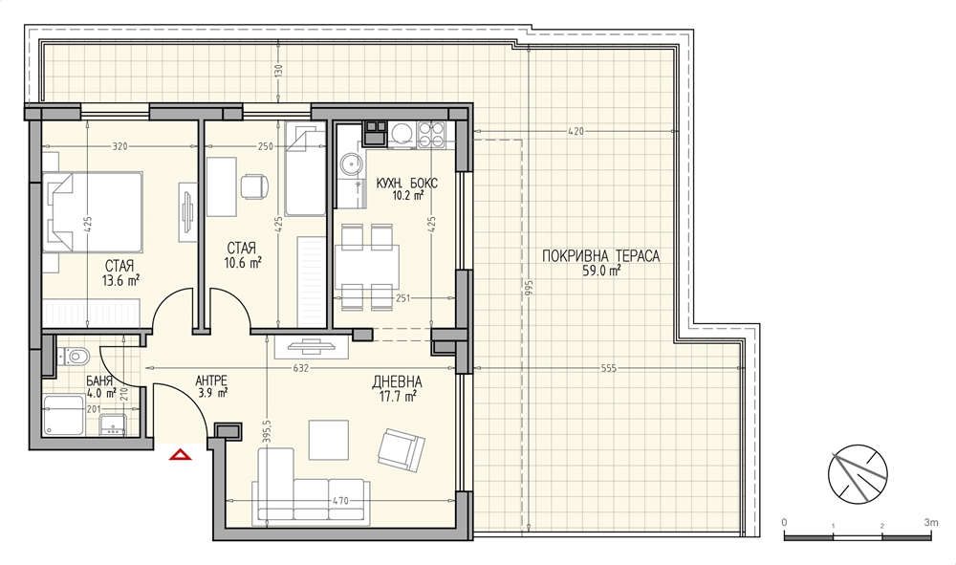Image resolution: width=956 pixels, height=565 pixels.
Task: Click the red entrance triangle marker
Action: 181,454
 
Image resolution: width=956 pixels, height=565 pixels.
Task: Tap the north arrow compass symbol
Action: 858,474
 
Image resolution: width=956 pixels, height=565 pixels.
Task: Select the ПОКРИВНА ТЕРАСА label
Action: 600,256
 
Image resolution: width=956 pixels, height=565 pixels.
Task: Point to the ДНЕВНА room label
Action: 397,382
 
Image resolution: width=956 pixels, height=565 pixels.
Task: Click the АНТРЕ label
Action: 211,380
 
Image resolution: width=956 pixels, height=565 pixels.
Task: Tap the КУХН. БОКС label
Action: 406,184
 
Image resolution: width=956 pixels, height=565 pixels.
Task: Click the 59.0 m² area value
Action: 601,272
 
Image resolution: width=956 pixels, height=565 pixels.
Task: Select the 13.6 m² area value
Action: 120,280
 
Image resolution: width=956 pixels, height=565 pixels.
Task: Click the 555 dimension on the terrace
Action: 608,368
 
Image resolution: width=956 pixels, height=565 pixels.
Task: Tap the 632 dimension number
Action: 301,368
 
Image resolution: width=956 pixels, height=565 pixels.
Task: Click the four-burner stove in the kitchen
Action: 432,134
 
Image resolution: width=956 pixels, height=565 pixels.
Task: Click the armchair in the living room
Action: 402,450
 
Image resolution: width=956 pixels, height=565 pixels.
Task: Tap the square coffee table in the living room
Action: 328,440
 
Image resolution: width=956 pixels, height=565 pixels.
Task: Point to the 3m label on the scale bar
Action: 931,522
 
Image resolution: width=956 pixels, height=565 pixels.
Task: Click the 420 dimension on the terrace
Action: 576,131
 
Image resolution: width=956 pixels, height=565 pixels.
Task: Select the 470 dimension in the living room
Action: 340,501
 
